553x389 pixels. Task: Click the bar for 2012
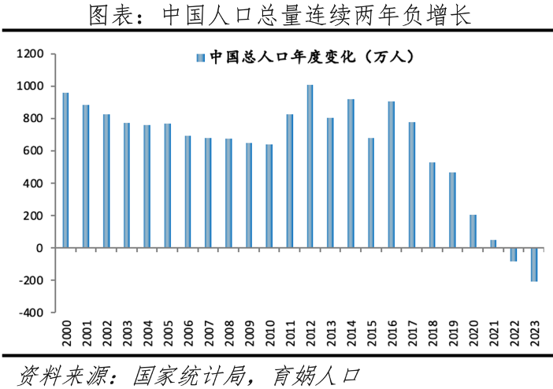[310, 166]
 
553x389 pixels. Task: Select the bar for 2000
[65, 170]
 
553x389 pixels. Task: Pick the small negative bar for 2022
[513, 254]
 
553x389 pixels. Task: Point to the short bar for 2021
[493, 244]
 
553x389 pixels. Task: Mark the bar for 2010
[269, 196]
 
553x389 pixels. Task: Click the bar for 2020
[473, 232]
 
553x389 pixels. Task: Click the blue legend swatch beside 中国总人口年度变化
[200, 57]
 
